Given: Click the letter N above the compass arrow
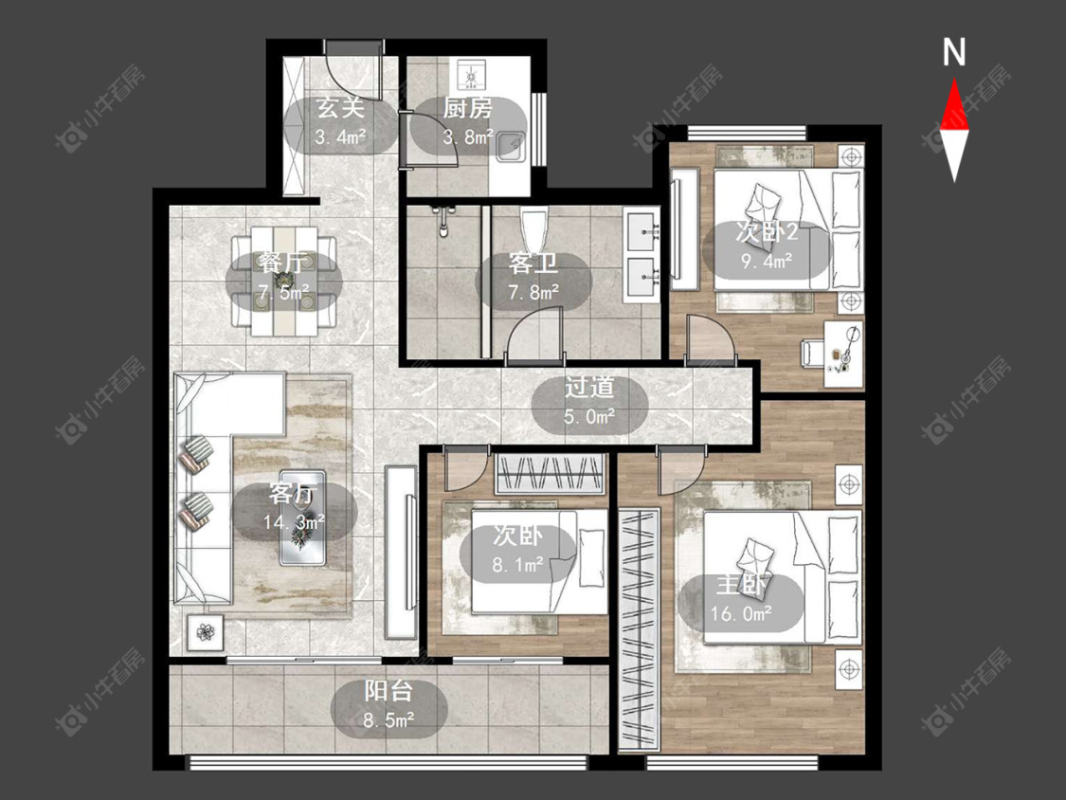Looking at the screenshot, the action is coord(954,52).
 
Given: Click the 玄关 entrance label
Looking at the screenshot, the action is coord(340,107).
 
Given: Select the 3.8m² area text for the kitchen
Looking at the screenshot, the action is coord(468,136).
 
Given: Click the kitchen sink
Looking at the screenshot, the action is coord(512,145).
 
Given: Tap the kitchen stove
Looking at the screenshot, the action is coord(470,74).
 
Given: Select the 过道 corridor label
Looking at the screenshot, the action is coord(589,387).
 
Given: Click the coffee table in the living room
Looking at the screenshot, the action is coord(303,517).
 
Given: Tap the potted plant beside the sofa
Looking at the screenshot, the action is coord(205,632).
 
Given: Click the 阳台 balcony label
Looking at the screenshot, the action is coord(388,691).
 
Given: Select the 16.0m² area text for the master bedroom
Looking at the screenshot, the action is coord(741,613).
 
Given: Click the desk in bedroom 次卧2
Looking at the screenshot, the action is coord(843,355).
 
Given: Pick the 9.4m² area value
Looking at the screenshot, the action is coord(767,261).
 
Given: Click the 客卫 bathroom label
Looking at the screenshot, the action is coord(533,264).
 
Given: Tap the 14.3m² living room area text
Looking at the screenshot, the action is coord(294,521).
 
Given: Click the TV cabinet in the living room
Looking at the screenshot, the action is coord(401,552).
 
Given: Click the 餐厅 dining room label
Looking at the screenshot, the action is coord(283,262).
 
